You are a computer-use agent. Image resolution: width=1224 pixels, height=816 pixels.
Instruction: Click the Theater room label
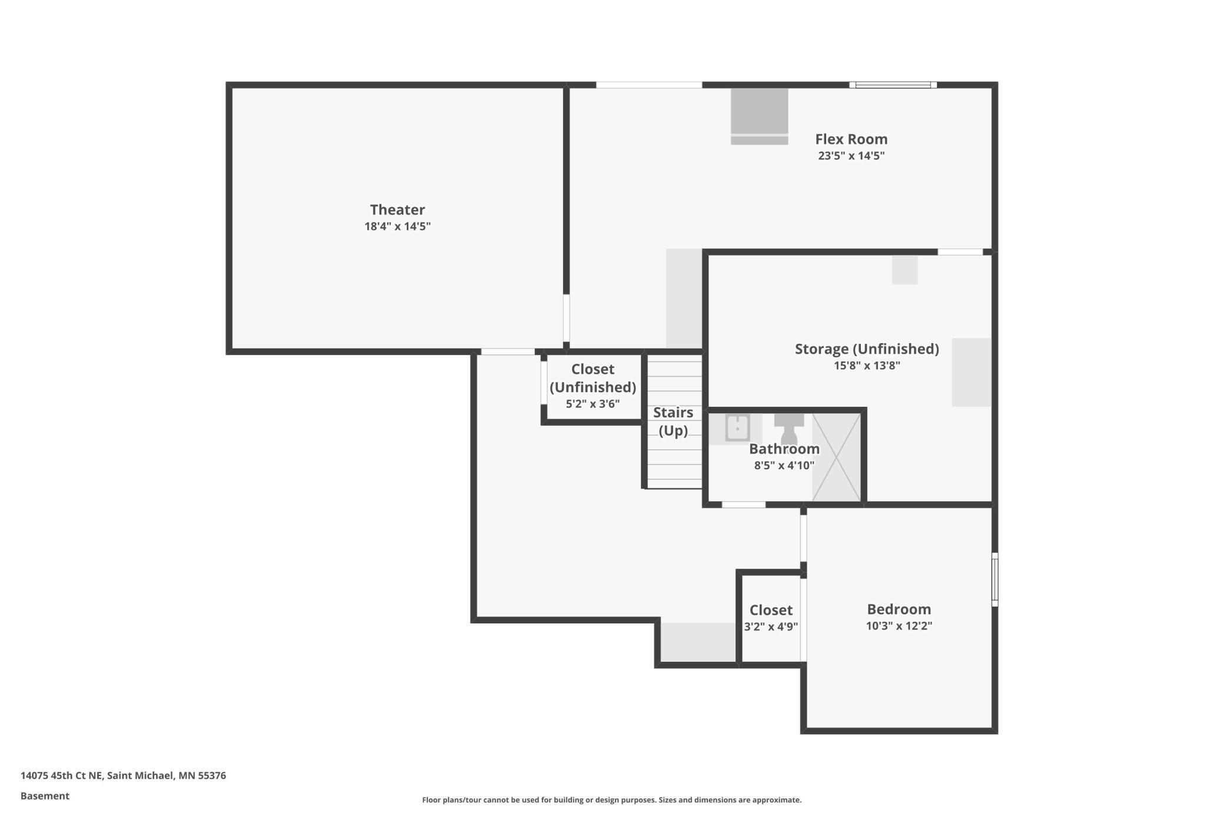tap(397, 210)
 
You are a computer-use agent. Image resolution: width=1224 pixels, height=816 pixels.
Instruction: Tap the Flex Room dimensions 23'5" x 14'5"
tap(851, 156)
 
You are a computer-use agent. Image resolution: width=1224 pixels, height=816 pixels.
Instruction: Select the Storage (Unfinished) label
tap(867, 349)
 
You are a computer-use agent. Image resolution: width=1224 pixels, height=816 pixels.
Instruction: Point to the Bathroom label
tap(784, 449)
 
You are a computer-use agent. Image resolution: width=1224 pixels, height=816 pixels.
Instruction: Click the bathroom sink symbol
tap(737, 428)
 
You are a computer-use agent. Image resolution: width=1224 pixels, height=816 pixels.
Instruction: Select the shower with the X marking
tap(836, 457)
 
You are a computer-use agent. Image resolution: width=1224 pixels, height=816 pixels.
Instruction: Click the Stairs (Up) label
tap(673, 422)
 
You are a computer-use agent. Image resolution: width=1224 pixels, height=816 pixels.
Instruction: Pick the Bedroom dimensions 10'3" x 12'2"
tap(899, 626)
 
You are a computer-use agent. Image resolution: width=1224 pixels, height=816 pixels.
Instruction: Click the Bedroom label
tap(899, 609)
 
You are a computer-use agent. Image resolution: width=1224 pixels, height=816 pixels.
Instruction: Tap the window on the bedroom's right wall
tap(994, 579)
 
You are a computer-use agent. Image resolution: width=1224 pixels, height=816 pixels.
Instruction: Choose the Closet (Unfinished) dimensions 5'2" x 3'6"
tap(593, 404)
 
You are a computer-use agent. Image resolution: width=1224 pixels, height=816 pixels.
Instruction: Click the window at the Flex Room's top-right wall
tap(893, 85)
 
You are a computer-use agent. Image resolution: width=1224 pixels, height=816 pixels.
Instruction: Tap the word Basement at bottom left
tap(45, 796)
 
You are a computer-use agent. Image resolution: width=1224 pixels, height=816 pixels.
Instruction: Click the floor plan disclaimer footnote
tap(611, 800)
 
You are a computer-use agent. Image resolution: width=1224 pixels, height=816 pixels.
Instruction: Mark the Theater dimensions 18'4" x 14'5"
tap(397, 227)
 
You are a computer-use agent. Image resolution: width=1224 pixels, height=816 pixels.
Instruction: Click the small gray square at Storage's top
tap(904, 270)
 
